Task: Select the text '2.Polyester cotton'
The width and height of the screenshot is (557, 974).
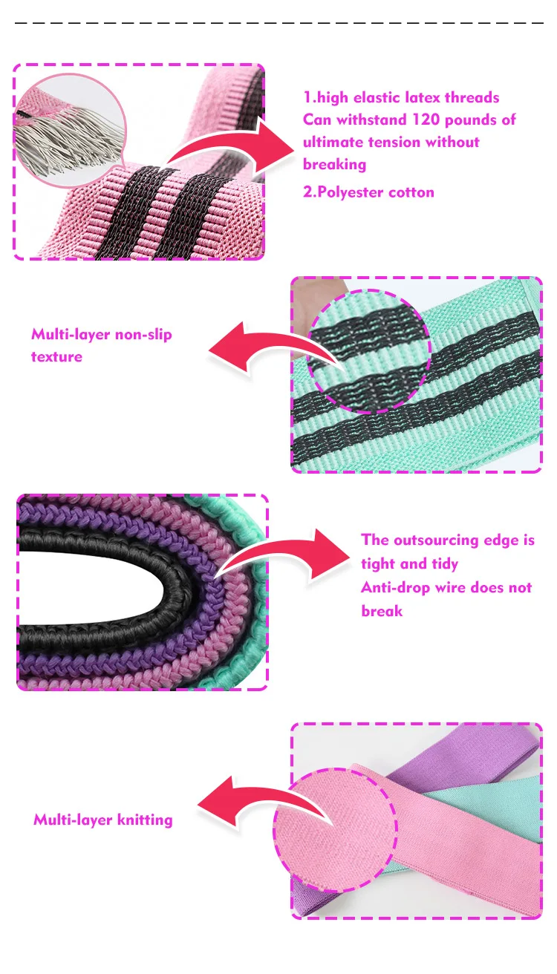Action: (x=368, y=192)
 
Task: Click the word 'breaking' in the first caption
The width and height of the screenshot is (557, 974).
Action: (x=334, y=165)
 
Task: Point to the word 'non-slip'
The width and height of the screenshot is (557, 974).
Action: (x=144, y=335)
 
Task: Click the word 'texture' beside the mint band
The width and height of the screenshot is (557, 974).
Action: (x=56, y=357)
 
